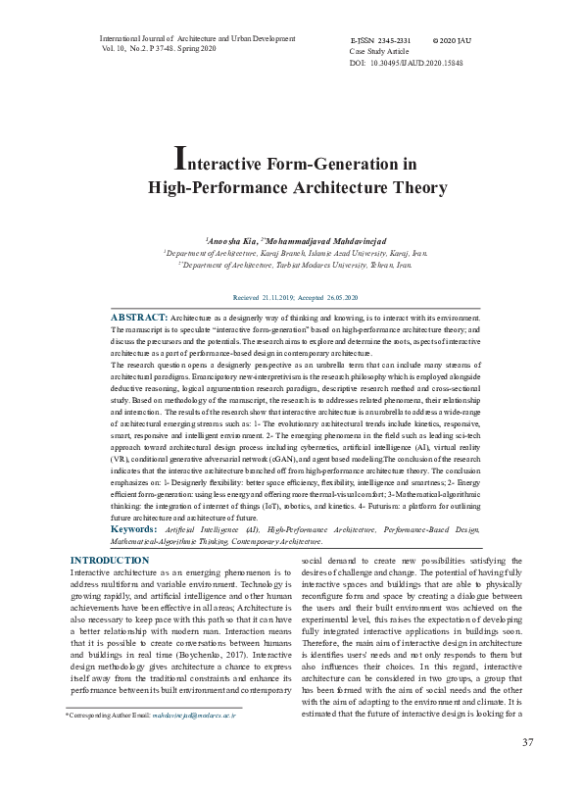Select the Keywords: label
pyautogui.click(x=138, y=528)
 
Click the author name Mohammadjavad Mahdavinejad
pyautogui.click(x=323, y=239)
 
